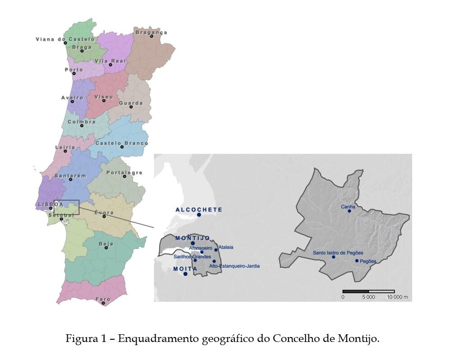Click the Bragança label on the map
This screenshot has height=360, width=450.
151,32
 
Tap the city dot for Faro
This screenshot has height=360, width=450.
104,303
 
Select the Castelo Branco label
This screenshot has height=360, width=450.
121,143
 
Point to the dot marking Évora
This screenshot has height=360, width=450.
104,217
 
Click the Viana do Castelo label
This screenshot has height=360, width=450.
65,39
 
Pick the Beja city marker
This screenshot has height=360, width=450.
106,247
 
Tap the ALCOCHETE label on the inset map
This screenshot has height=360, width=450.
199,209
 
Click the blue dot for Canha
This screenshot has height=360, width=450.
349,211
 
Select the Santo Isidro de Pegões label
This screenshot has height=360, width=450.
338,253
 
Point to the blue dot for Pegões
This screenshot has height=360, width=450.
357,261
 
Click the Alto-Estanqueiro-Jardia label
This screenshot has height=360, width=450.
234,266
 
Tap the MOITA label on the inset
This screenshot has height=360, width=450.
185,269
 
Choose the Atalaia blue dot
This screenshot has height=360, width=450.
216,250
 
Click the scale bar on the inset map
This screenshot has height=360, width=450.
368,291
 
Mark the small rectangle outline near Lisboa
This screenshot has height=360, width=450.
66,207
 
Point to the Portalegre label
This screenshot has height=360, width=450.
124,173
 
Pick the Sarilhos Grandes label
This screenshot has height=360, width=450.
192,257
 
